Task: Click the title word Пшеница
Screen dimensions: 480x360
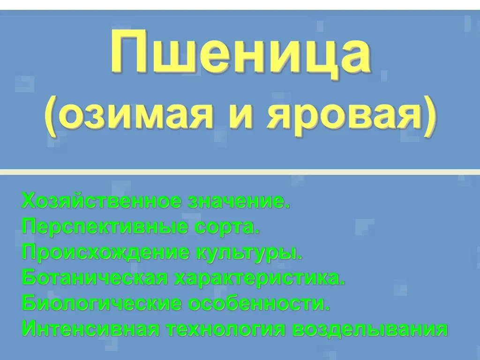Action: click(x=240, y=53)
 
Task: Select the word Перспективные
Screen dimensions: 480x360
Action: click(x=105, y=227)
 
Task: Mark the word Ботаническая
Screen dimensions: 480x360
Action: click(x=95, y=278)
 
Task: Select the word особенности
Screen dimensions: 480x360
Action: click(x=259, y=304)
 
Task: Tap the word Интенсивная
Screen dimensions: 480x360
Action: click(x=90, y=330)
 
